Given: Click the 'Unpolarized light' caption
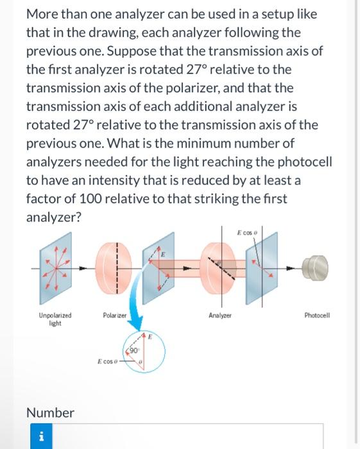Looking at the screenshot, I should tap(55, 319).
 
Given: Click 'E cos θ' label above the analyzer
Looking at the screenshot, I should tap(247, 232).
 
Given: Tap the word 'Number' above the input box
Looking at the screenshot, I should tap(50, 412).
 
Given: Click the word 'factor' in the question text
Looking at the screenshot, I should tap(45, 198).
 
